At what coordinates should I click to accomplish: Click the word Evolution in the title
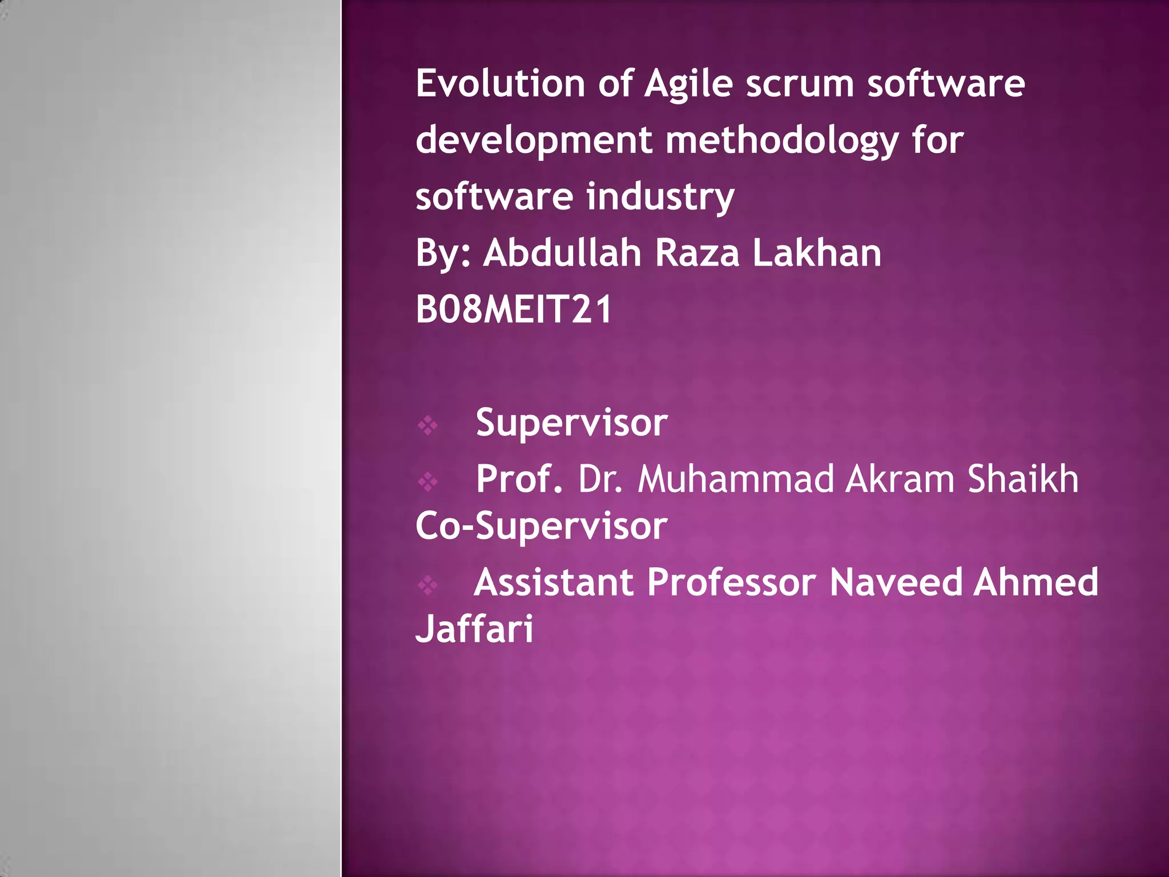pyautogui.click(x=501, y=84)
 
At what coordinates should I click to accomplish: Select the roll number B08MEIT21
pyautogui.click(x=514, y=309)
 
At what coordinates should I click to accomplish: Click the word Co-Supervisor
pyautogui.click(x=541, y=526)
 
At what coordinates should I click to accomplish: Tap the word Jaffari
pyautogui.click(x=474, y=629)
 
